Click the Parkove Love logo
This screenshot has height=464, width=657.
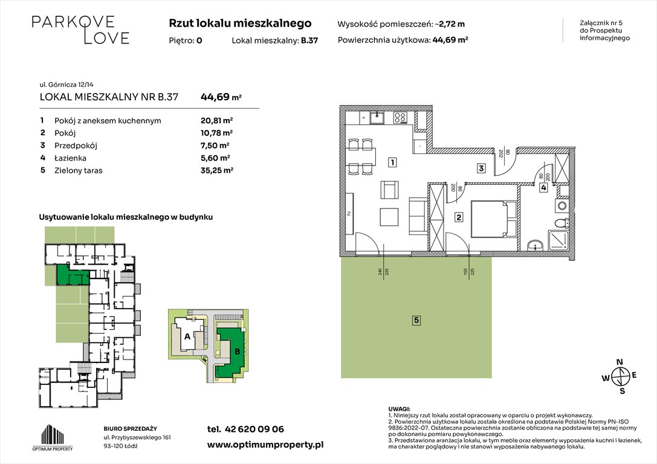coord(80,30)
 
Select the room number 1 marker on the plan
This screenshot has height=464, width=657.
coord(392,162)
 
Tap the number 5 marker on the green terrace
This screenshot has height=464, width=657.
coord(416,320)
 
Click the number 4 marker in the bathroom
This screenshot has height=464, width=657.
coord(544,188)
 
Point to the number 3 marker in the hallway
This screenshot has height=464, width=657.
coord(481,169)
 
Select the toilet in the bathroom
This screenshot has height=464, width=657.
coord(562,223)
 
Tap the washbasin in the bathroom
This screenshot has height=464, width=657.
coord(534,245)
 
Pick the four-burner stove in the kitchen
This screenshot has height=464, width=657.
coord(401,118)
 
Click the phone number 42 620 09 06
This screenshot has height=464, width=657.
coord(245,430)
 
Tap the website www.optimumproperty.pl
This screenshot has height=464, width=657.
coord(265,445)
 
